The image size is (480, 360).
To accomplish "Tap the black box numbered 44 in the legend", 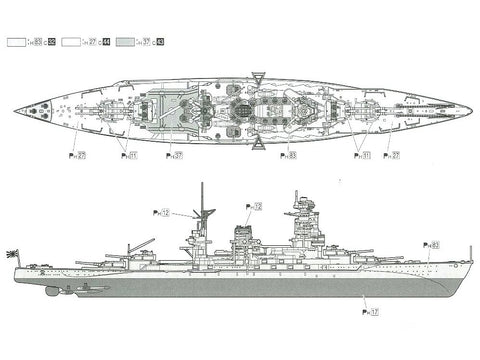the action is coord(106,43).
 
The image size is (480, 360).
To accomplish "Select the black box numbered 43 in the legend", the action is coord(161,43).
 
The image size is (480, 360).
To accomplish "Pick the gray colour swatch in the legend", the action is coord(126,43).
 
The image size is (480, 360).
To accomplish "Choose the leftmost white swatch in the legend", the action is coord(16,43).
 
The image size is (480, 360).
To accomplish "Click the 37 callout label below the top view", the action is coord(178,155).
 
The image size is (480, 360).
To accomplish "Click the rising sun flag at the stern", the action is coord(12,252).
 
